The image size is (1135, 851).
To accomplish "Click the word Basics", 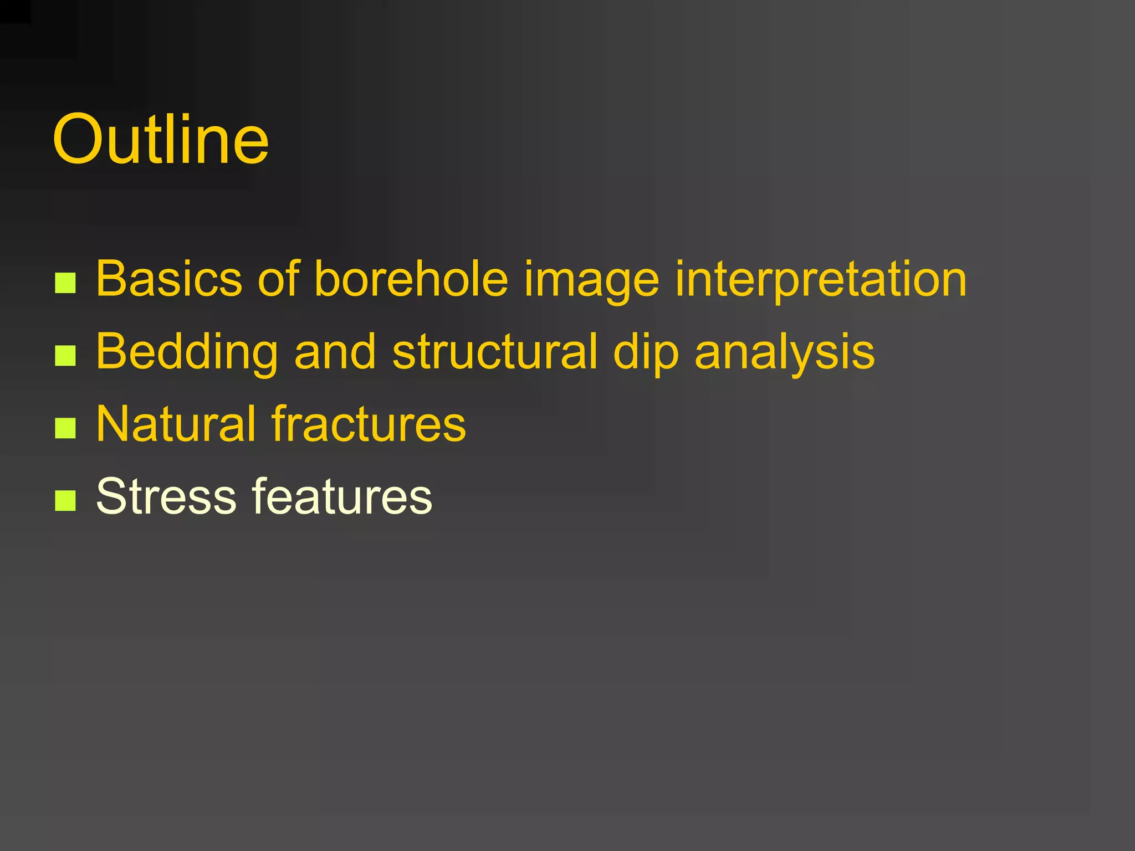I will (169, 278).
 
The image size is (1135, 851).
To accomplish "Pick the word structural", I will (495, 351).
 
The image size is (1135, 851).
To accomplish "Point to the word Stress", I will (166, 496).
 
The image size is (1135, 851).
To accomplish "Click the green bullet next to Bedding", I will (65, 356).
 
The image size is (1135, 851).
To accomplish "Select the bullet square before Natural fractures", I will (65, 428).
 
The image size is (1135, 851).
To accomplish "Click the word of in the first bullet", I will (278, 278).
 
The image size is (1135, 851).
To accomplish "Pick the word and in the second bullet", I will (335, 351).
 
